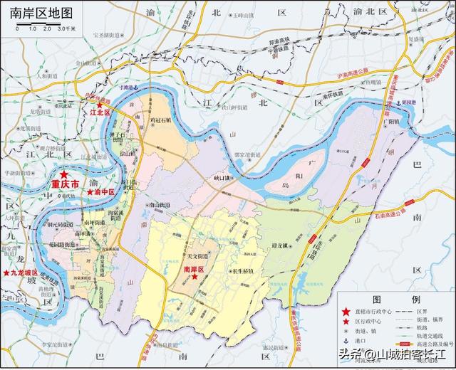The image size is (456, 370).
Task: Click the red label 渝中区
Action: click(101, 192)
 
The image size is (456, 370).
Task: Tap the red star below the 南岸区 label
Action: click(193, 278)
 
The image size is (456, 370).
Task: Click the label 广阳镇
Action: click(388, 121)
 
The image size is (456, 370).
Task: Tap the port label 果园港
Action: click(408, 102)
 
